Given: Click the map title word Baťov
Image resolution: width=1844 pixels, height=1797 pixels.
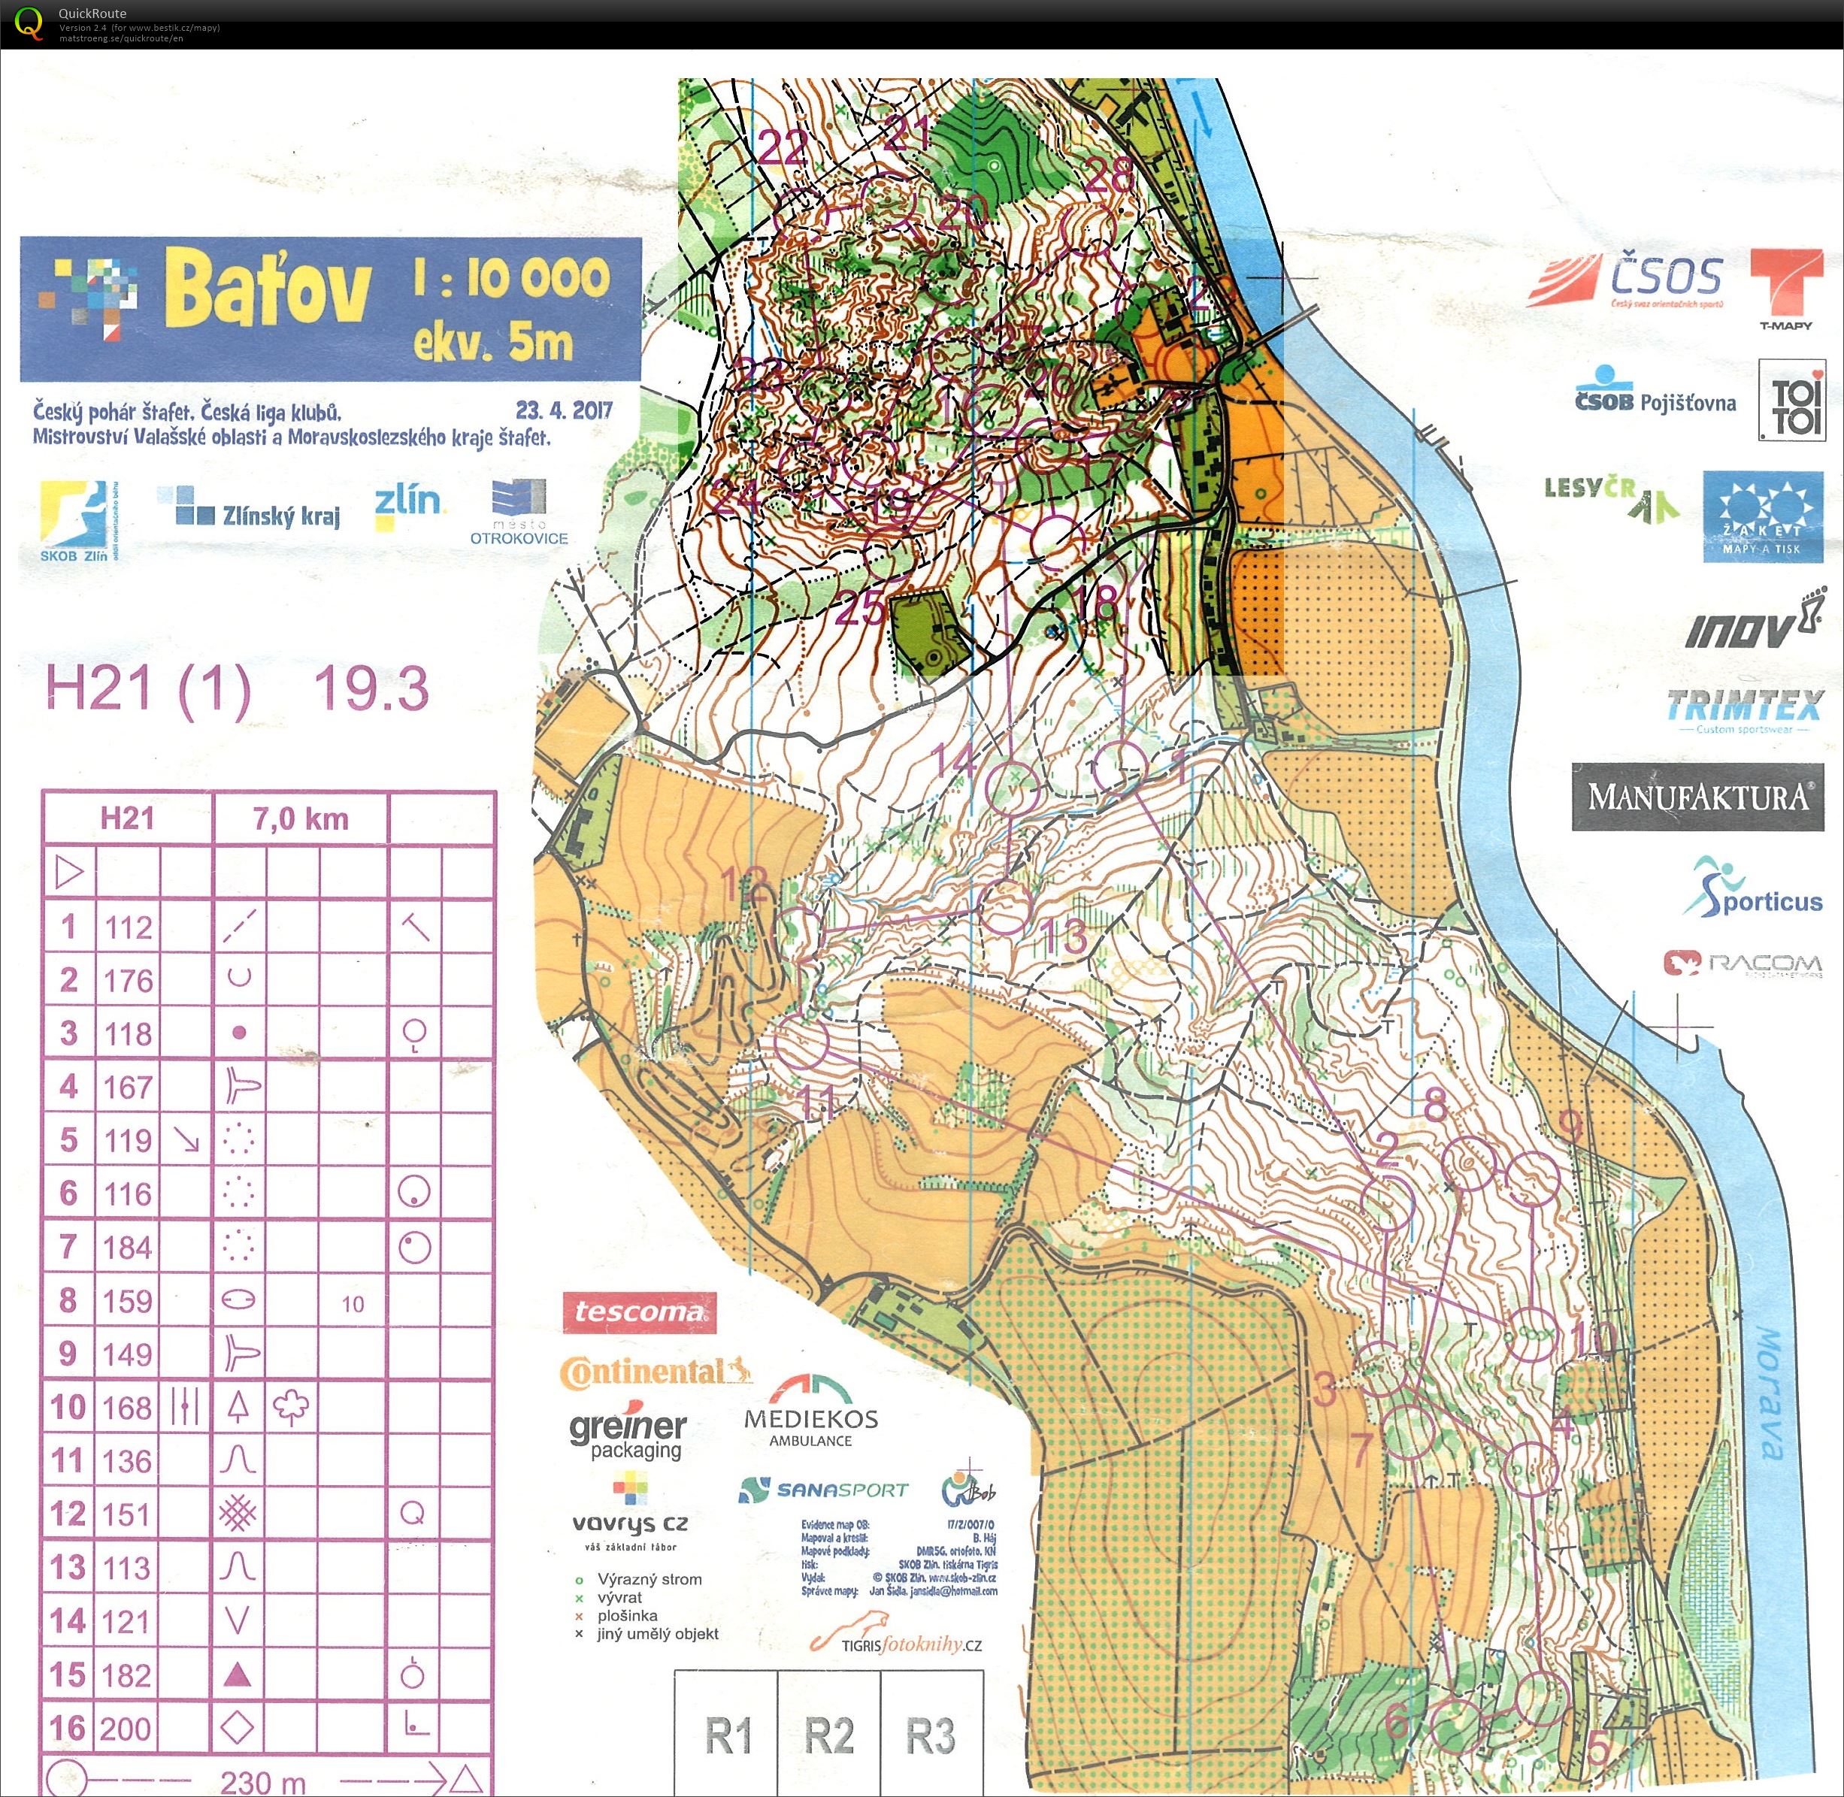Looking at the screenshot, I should [x=267, y=288].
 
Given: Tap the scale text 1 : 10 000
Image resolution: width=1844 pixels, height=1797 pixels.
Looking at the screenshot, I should [x=511, y=277].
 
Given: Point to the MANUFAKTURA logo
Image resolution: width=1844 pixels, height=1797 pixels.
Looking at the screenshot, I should [x=1697, y=797].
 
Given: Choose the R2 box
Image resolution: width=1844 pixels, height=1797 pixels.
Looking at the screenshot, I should [x=828, y=1735].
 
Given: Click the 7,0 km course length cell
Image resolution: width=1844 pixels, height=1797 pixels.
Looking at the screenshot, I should [x=300, y=819].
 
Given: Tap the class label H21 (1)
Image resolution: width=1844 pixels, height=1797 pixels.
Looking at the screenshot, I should [x=148, y=689].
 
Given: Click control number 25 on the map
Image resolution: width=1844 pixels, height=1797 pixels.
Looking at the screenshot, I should [x=859, y=609].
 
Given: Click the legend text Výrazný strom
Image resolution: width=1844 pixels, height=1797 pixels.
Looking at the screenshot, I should [x=649, y=1579].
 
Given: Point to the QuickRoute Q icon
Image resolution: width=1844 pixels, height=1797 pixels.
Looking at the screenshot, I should [x=29, y=23].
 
